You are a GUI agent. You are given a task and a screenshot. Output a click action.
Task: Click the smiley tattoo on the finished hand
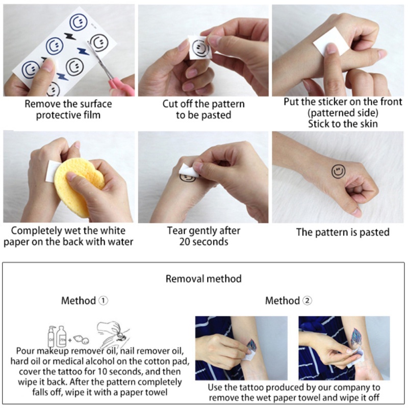pyautogui.click(x=338, y=172)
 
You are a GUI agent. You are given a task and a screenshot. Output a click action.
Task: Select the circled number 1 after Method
pyautogui.click(x=104, y=300)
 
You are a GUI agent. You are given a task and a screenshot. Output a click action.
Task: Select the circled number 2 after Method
pyautogui.click(x=308, y=300)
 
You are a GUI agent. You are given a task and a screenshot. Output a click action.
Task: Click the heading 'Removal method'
pyautogui.click(x=203, y=278)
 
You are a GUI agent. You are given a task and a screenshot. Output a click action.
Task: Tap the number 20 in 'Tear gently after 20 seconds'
pyautogui.click(x=185, y=242)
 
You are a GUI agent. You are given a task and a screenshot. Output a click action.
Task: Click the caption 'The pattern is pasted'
pyautogui.click(x=343, y=232)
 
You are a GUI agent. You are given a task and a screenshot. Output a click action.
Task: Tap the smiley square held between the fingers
pyautogui.click(x=200, y=47)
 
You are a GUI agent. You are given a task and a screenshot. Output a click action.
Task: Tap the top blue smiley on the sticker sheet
pyautogui.click(x=79, y=23)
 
